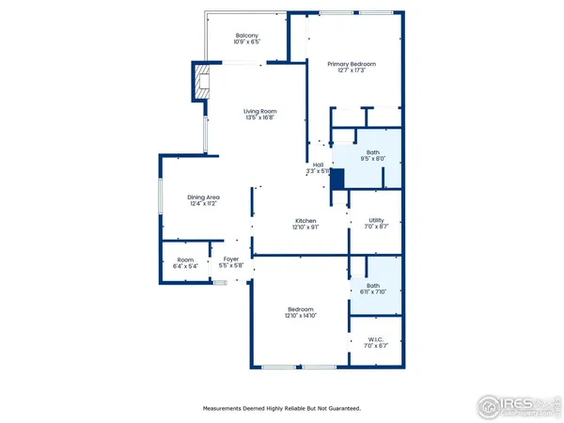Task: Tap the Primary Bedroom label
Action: coord(352,64)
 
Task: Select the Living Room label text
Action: coord(259,111)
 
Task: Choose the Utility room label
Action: coord(376,220)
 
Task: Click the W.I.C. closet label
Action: coord(375,339)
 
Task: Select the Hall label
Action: coord(318,164)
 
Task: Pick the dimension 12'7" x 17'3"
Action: coord(352,71)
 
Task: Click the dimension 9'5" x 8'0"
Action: coord(373,159)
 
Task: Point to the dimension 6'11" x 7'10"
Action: coord(373,292)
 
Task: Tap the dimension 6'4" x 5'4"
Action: coord(184,267)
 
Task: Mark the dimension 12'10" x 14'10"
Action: coord(301,316)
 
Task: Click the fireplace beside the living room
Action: coord(203,81)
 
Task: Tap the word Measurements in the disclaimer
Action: coord(226,408)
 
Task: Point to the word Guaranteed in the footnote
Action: coord(344,408)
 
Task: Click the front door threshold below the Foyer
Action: coord(220,280)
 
